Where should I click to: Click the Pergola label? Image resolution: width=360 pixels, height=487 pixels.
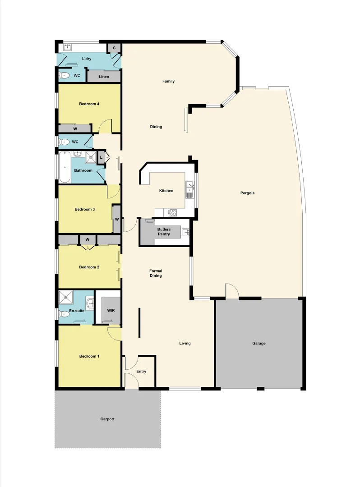pyautogui.click(x=248, y=193)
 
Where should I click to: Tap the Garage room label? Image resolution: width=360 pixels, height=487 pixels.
pyautogui.click(x=258, y=343)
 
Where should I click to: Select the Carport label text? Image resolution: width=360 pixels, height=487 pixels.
pyautogui.click(x=107, y=419)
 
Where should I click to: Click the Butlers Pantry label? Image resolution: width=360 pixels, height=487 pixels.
pyautogui.click(x=164, y=232)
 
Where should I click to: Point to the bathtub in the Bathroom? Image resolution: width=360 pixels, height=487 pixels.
pyautogui.click(x=64, y=167)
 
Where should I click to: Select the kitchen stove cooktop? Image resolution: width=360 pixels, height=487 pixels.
pyautogui.click(x=172, y=212)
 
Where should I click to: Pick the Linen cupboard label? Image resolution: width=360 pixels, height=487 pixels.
pyautogui.click(x=104, y=77)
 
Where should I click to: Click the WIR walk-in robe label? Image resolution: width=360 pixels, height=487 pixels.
pyautogui.click(x=111, y=311)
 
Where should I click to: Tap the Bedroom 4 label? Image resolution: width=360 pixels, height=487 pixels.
pyautogui.click(x=89, y=104)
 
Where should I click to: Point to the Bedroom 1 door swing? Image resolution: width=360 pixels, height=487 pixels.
pyautogui.click(x=115, y=334)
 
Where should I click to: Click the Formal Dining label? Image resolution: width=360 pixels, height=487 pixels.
pyautogui.click(x=156, y=273)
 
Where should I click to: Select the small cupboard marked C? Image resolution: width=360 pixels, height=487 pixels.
pyautogui.click(x=114, y=48)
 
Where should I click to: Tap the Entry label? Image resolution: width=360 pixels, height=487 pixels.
pyautogui.click(x=141, y=372)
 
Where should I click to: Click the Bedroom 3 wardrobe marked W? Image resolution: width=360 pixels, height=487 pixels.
pyautogui.click(x=116, y=219)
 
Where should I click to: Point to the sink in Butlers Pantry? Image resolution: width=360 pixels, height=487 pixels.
pyautogui.click(x=185, y=232)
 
